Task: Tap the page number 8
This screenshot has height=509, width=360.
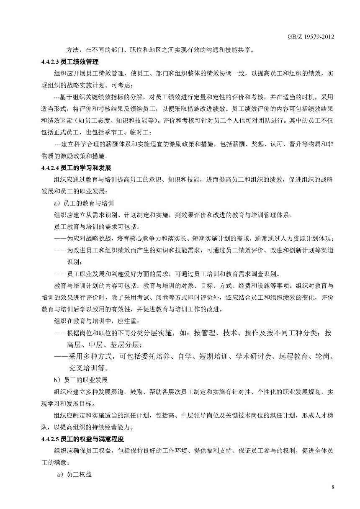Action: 333,487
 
